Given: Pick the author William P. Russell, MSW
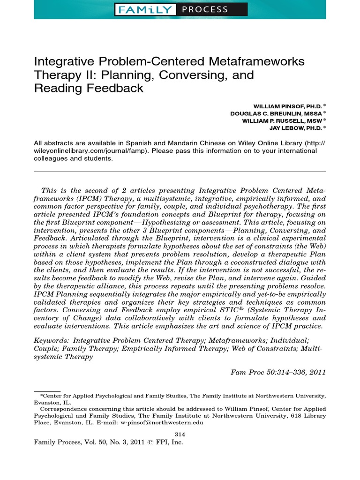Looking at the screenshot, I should point(281,120).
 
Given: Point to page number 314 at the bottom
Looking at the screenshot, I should point(180,434).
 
